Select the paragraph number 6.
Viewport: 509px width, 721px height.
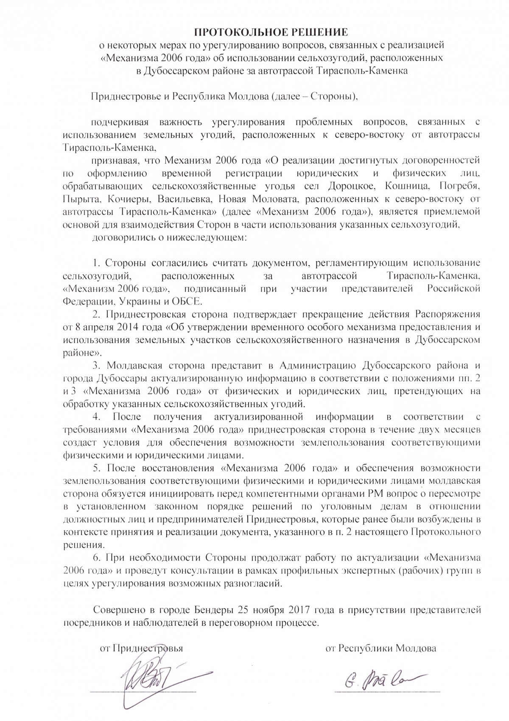tap(96, 557)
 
